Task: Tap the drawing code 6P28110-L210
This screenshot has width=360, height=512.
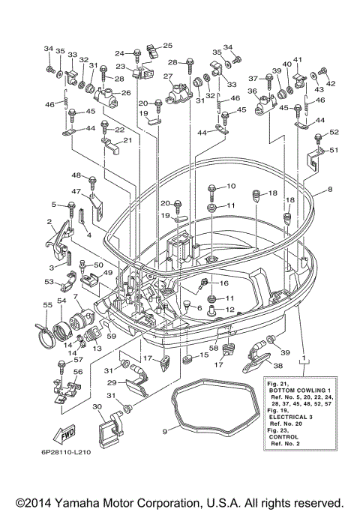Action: [66, 452]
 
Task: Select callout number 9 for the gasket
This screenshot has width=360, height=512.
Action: [165, 431]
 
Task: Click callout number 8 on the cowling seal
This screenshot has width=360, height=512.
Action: [330, 189]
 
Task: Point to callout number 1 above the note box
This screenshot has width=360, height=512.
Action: [304, 358]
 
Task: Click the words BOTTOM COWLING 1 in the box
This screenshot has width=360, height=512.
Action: [297, 391]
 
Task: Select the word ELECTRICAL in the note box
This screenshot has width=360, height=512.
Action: [284, 417]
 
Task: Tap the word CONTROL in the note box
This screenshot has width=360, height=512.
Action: [283, 437]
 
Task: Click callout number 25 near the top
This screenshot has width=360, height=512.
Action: [167, 46]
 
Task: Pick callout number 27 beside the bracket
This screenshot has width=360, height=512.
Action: [167, 76]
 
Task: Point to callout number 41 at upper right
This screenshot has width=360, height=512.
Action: [298, 59]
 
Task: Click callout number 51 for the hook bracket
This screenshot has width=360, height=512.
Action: [334, 150]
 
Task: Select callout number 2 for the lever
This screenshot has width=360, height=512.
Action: [49, 222]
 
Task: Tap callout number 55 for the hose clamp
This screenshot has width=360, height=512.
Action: [47, 305]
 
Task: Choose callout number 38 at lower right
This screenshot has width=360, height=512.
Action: [277, 366]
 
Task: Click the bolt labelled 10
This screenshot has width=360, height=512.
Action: [211, 193]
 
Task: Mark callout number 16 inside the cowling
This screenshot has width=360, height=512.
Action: [224, 283]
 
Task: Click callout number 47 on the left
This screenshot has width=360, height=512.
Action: [76, 191]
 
